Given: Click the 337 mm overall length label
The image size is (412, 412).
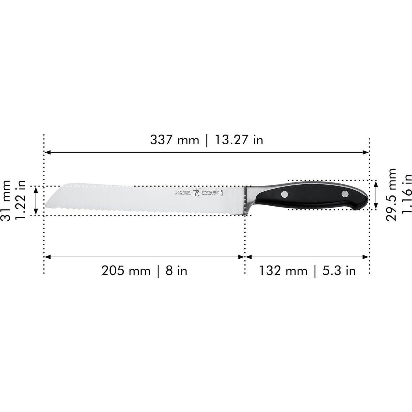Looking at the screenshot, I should [175, 140].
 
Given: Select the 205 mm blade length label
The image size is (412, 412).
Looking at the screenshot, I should [126, 270].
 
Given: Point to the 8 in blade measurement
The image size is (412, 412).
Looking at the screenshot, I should [176, 270].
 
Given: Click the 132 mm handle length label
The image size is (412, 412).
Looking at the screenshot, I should [283, 270].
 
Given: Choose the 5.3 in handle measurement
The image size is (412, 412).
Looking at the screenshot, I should [339, 270].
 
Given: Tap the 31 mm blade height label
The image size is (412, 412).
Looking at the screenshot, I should [6, 200].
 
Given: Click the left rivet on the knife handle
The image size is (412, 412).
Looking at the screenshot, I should [285, 194].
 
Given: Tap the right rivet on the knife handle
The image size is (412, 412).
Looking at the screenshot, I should [345, 194].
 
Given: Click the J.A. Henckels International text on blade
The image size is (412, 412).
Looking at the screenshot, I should [183, 193].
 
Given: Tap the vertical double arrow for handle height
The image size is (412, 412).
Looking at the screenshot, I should [376, 195].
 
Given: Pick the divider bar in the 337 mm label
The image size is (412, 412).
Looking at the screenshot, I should [207, 140].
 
